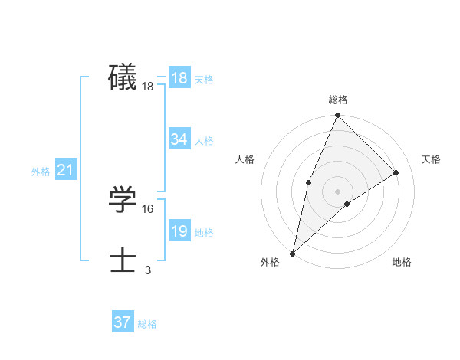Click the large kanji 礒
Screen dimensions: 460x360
click(x=123, y=78)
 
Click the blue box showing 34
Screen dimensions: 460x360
click(x=179, y=139)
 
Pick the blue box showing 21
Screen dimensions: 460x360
click(x=65, y=170)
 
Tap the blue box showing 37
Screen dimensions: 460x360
click(x=123, y=322)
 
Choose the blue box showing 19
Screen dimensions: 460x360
click(x=179, y=231)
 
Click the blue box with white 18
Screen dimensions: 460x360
click(x=179, y=78)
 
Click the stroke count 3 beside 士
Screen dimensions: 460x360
click(x=148, y=270)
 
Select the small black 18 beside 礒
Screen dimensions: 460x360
click(x=148, y=87)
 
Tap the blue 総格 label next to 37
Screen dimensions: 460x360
click(x=147, y=324)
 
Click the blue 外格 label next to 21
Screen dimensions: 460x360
click(x=41, y=172)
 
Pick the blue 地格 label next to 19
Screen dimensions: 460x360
click(x=204, y=233)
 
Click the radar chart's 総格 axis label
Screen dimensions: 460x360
click(x=337, y=100)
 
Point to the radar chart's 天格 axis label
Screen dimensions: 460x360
click(x=431, y=159)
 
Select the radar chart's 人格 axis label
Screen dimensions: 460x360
click(x=245, y=159)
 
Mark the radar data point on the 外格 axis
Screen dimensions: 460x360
click(x=292, y=253)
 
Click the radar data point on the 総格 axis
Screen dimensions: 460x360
click(x=337, y=116)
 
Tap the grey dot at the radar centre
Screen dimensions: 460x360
click(x=337, y=191)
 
